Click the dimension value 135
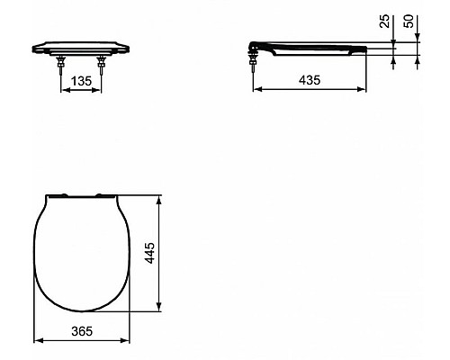point(80,82)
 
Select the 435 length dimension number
point(310,81)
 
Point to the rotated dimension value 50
point(417,22)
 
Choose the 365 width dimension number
point(82,332)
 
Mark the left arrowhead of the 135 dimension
point(63,91)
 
